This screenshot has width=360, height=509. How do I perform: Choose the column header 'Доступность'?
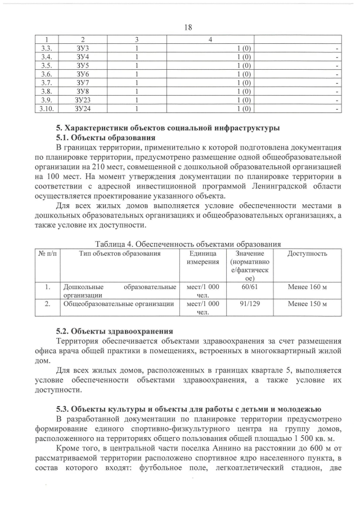click(307, 254)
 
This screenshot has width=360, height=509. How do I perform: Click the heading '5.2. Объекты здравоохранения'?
click(114, 331)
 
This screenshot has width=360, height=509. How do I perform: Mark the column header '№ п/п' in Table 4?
click(47, 254)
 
